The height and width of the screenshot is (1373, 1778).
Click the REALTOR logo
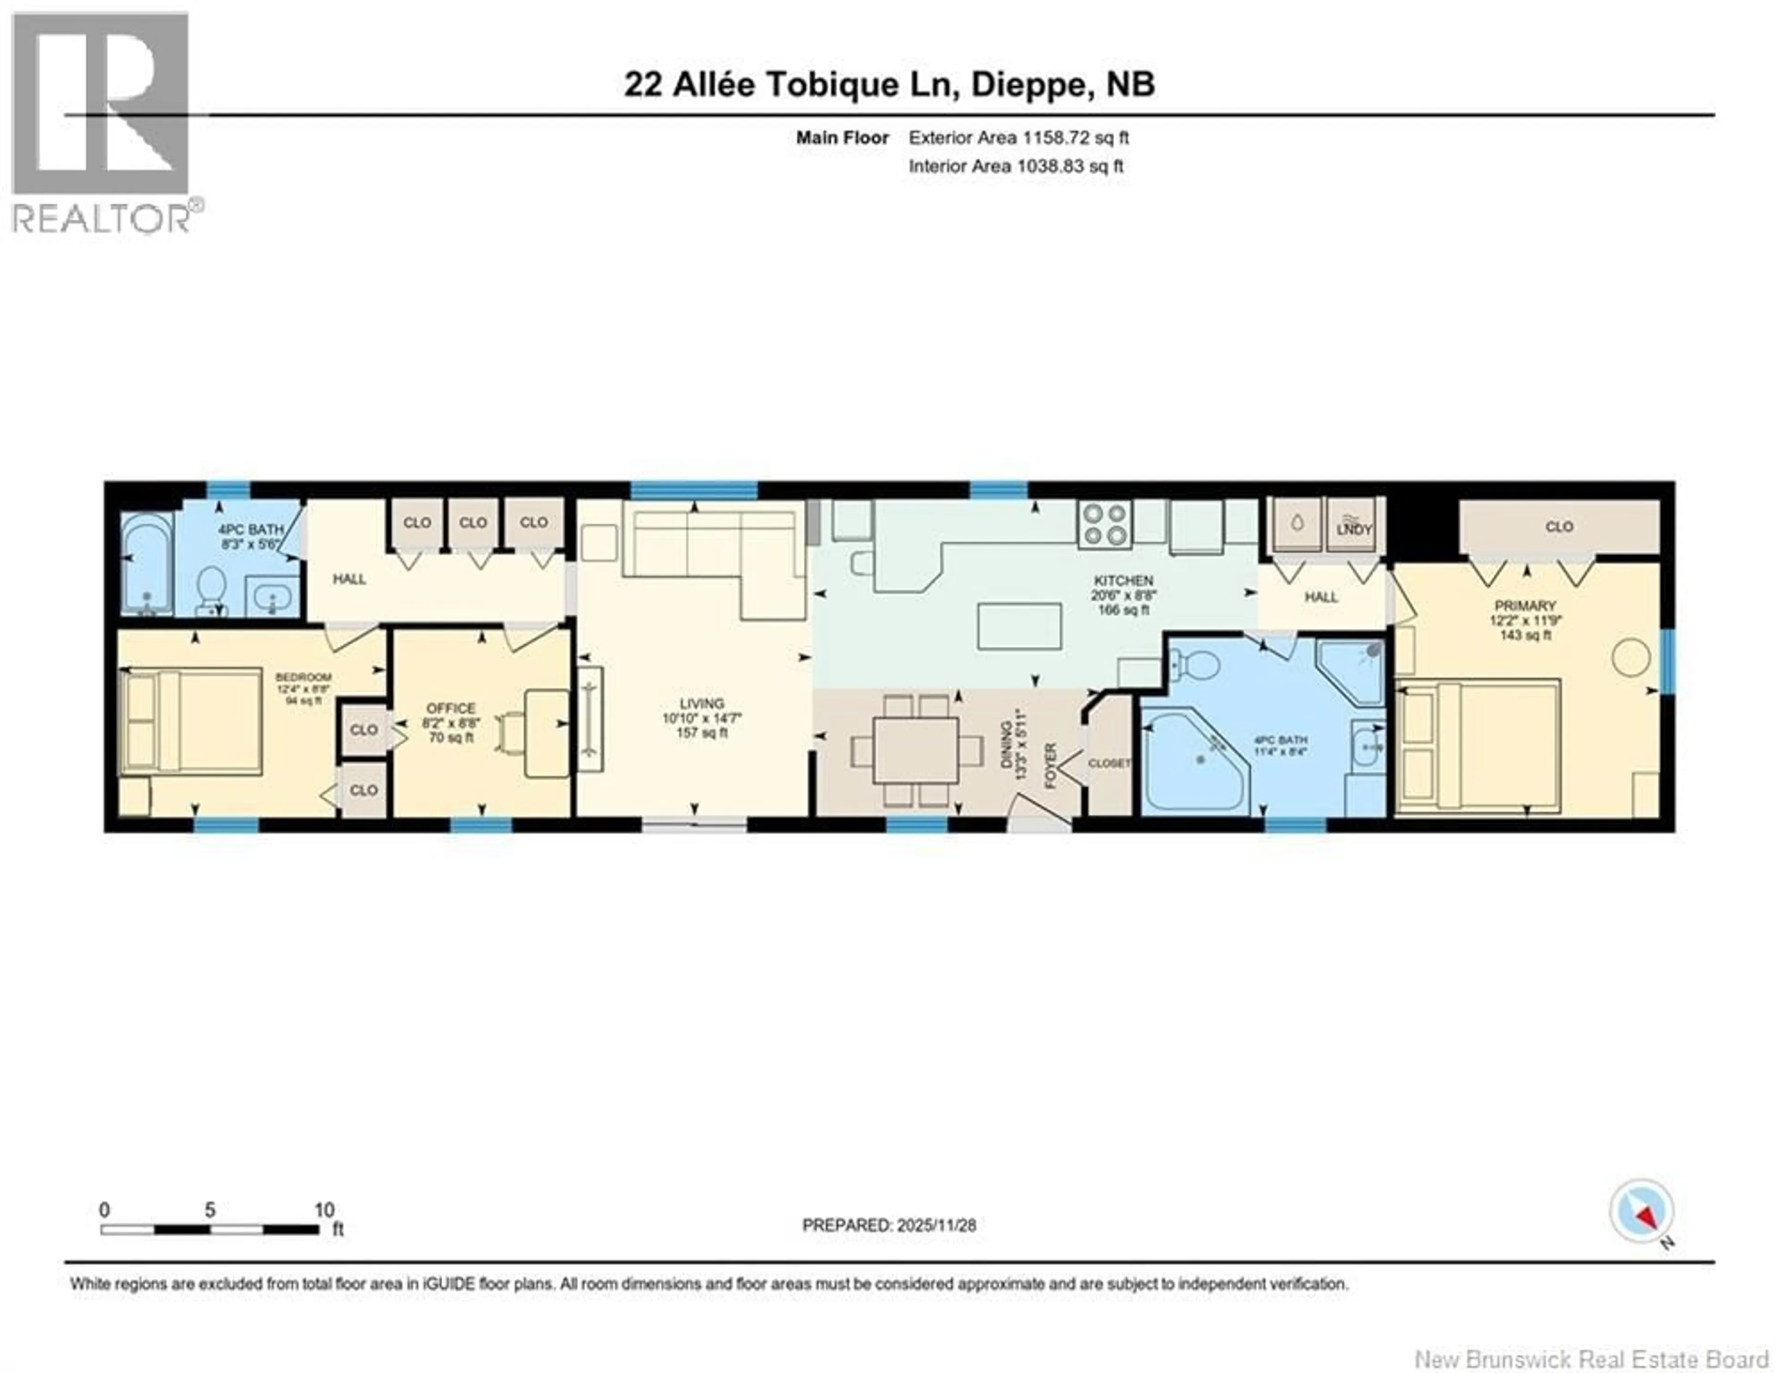pos(102,122)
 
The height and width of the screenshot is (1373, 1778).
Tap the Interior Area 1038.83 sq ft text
pos(1016,166)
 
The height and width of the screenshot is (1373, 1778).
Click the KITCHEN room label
pos(1123,580)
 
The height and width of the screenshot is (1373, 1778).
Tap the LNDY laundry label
pos(1354,529)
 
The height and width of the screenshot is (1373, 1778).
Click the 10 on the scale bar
pos(324,1210)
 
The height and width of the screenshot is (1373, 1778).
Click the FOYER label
pos(1050,766)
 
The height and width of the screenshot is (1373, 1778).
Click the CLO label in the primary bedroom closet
pos(1559,527)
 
